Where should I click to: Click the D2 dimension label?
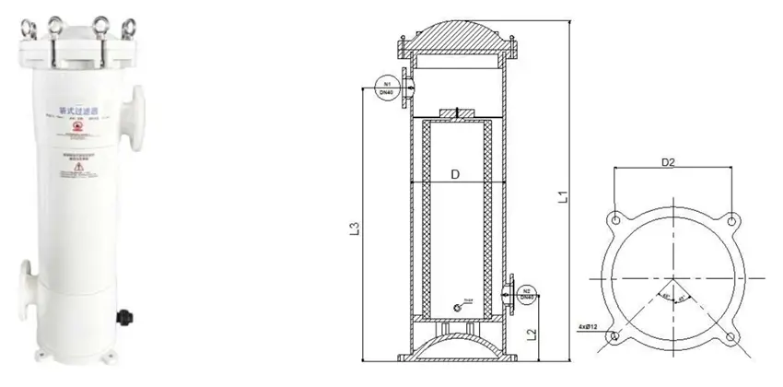point(670,163)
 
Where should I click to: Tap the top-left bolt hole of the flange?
point(613,219)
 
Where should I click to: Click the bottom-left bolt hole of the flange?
point(613,337)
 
